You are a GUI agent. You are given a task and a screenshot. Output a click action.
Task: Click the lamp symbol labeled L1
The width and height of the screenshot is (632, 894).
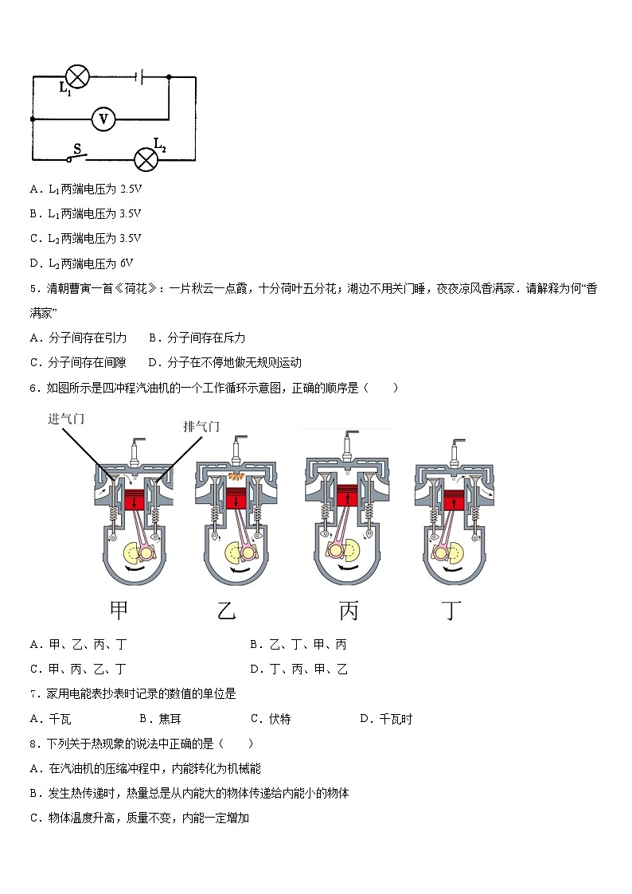pyautogui.click(x=76, y=77)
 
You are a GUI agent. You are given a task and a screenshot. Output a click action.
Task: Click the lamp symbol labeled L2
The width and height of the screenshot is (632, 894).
pyautogui.click(x=145, y=158)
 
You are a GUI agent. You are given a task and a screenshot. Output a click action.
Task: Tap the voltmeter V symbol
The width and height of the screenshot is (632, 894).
pyautogui.click(x=103, y=119)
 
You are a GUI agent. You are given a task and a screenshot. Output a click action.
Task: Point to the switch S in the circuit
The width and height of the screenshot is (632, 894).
pyautogui.click(x=78, y=154)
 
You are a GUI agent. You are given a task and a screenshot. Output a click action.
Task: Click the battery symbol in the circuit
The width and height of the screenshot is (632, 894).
pyautogui.click(x=140, y=77)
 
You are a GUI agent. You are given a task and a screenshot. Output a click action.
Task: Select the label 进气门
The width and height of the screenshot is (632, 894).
pyautogui.click(x=66, y=419)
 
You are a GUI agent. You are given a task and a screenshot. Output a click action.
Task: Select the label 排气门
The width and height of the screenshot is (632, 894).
pyautogui.click(x=201, y=427)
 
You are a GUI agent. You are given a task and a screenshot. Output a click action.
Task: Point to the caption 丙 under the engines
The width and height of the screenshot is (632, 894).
pyautogui.click(x=348, y=611)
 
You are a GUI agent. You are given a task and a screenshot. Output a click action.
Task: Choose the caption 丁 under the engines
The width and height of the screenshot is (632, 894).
pyautogui.click(x=452, y=611)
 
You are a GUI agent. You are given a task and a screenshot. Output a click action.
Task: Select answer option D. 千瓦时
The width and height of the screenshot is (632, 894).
pyautogui.click(x=386, y=719)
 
